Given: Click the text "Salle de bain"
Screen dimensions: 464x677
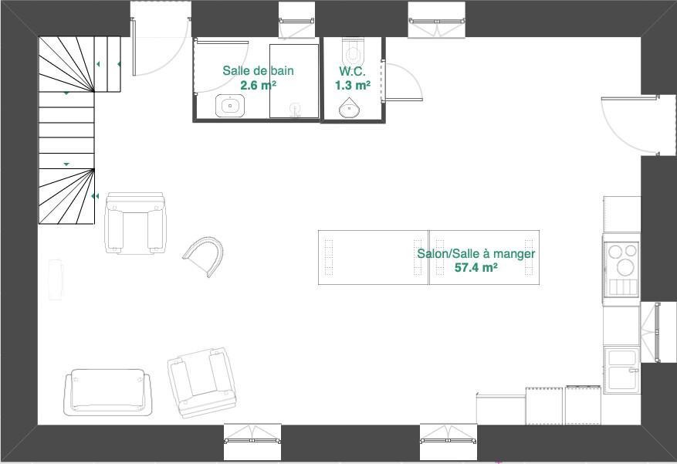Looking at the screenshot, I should [258, 70].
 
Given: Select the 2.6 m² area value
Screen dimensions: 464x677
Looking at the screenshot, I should [258, 85].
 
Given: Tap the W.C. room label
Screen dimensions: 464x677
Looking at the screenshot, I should [352, 70].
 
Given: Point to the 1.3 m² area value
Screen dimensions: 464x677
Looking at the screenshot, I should [352, 85].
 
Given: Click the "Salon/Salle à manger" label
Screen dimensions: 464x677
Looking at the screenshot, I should [476, 253].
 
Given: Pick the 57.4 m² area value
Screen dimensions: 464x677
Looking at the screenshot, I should [476, 268].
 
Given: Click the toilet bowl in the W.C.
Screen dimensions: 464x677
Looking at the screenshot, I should [354, 53].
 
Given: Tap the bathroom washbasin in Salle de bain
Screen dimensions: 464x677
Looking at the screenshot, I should [229, 105].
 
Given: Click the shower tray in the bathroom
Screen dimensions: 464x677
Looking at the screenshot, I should [294, 81].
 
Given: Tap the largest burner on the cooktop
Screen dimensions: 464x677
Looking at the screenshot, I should [622, 267].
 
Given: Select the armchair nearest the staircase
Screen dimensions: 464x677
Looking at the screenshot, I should [136, 223].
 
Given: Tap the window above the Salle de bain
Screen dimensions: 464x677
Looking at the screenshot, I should [297, 19].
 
